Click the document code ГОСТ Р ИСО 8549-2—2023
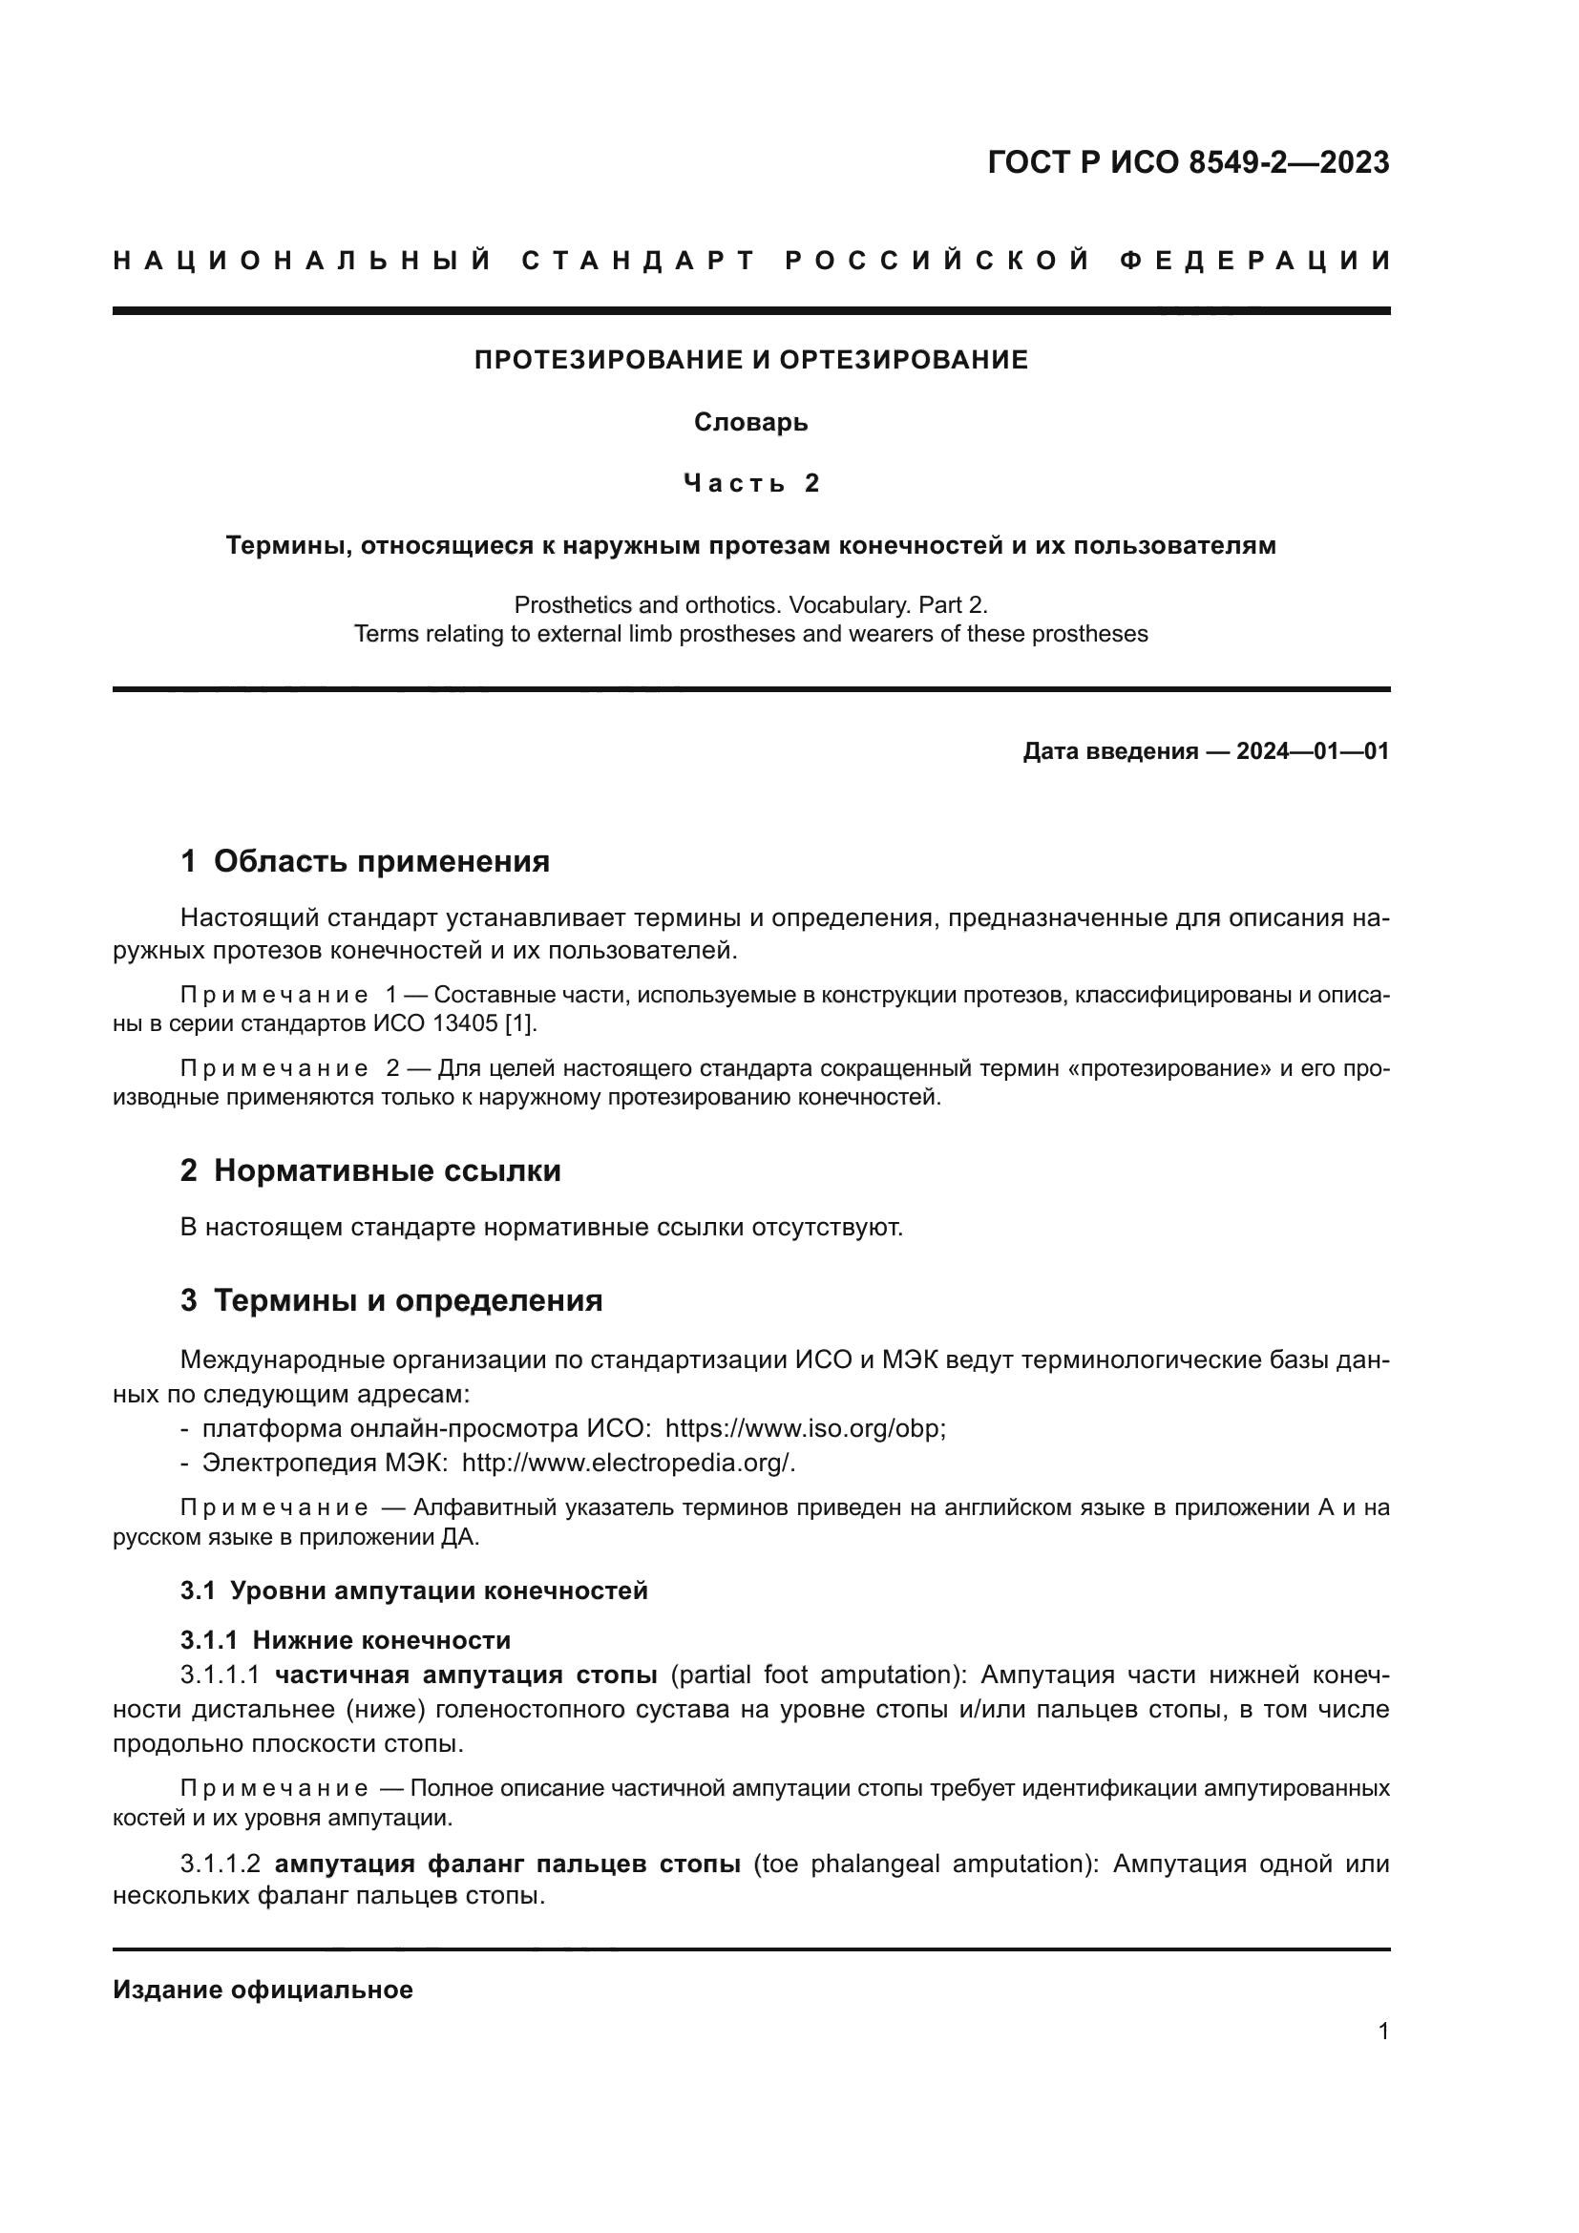[x=1189, y=162]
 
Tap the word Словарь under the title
[x=750, y=422]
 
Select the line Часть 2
[x=750, y=483]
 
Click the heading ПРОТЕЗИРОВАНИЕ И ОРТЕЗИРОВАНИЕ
[x=750, y=360]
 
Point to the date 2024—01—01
[x=1312, y=750]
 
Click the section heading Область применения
[x=381, y=861]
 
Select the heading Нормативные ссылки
[x=387, y=1170]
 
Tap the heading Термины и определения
[x=408, y=1300]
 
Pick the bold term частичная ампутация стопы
[x=466, y=1675]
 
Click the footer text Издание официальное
[x=263, y=1990]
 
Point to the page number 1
[x=1382, y=2032]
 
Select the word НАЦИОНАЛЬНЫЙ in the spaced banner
[x=304, y=261]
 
